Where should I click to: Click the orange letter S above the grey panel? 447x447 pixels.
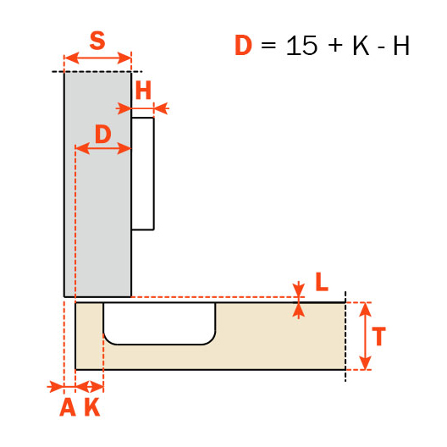97,41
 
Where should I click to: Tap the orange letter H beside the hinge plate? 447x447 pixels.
143,91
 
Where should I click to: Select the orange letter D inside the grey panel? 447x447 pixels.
102,133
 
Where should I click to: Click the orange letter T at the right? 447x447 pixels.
379,336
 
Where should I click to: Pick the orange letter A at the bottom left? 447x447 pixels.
67,408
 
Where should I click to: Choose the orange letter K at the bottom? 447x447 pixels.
91,408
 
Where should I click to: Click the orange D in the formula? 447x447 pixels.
244,46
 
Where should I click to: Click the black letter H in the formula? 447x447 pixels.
400,46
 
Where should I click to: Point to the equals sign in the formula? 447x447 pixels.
269,47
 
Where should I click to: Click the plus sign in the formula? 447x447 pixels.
334,47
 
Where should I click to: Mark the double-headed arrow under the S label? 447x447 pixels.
98,58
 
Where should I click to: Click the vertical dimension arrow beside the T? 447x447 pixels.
364,336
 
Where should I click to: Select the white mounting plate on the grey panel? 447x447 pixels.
142,174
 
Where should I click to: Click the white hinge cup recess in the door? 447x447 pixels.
159,322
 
